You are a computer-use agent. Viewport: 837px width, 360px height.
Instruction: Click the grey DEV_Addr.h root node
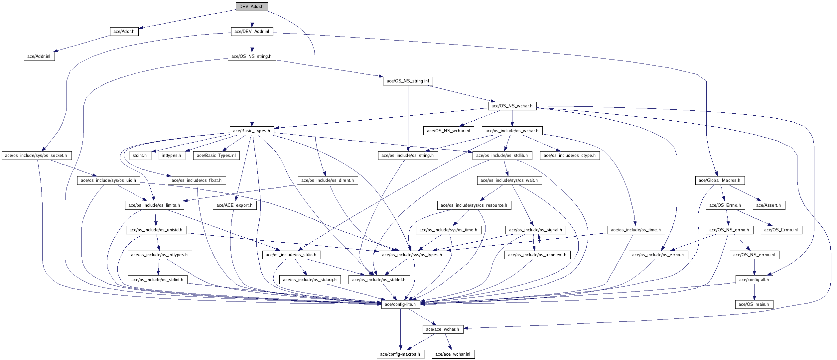251,7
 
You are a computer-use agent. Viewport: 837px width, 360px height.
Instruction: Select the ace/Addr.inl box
39,57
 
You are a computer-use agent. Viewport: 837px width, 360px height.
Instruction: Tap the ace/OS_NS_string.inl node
408,81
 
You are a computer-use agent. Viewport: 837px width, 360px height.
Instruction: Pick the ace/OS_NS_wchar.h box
512,106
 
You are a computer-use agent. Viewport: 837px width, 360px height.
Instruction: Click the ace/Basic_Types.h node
252,131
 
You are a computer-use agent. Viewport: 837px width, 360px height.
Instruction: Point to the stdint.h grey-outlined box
140,156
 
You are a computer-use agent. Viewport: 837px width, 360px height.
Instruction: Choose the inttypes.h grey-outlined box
172,156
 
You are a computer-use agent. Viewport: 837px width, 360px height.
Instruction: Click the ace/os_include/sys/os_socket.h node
36,156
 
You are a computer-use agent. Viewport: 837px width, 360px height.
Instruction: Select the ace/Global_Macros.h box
719,180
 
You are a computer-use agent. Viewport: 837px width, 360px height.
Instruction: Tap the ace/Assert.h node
768,205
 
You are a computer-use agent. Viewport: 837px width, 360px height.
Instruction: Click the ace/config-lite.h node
400,304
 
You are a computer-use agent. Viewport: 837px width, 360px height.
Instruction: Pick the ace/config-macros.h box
400,354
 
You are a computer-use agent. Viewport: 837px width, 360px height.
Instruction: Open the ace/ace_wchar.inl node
453,354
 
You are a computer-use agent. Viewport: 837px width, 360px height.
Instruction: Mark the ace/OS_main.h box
754,304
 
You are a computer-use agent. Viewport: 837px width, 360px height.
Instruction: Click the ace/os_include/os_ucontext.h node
537,255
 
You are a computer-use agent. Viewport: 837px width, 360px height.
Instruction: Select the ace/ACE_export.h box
234,205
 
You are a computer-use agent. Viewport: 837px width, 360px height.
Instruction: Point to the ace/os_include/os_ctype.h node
570,156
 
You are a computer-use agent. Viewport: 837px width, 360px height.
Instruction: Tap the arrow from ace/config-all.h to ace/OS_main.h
754,292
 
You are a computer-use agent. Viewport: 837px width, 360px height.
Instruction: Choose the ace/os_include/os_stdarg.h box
310,280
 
